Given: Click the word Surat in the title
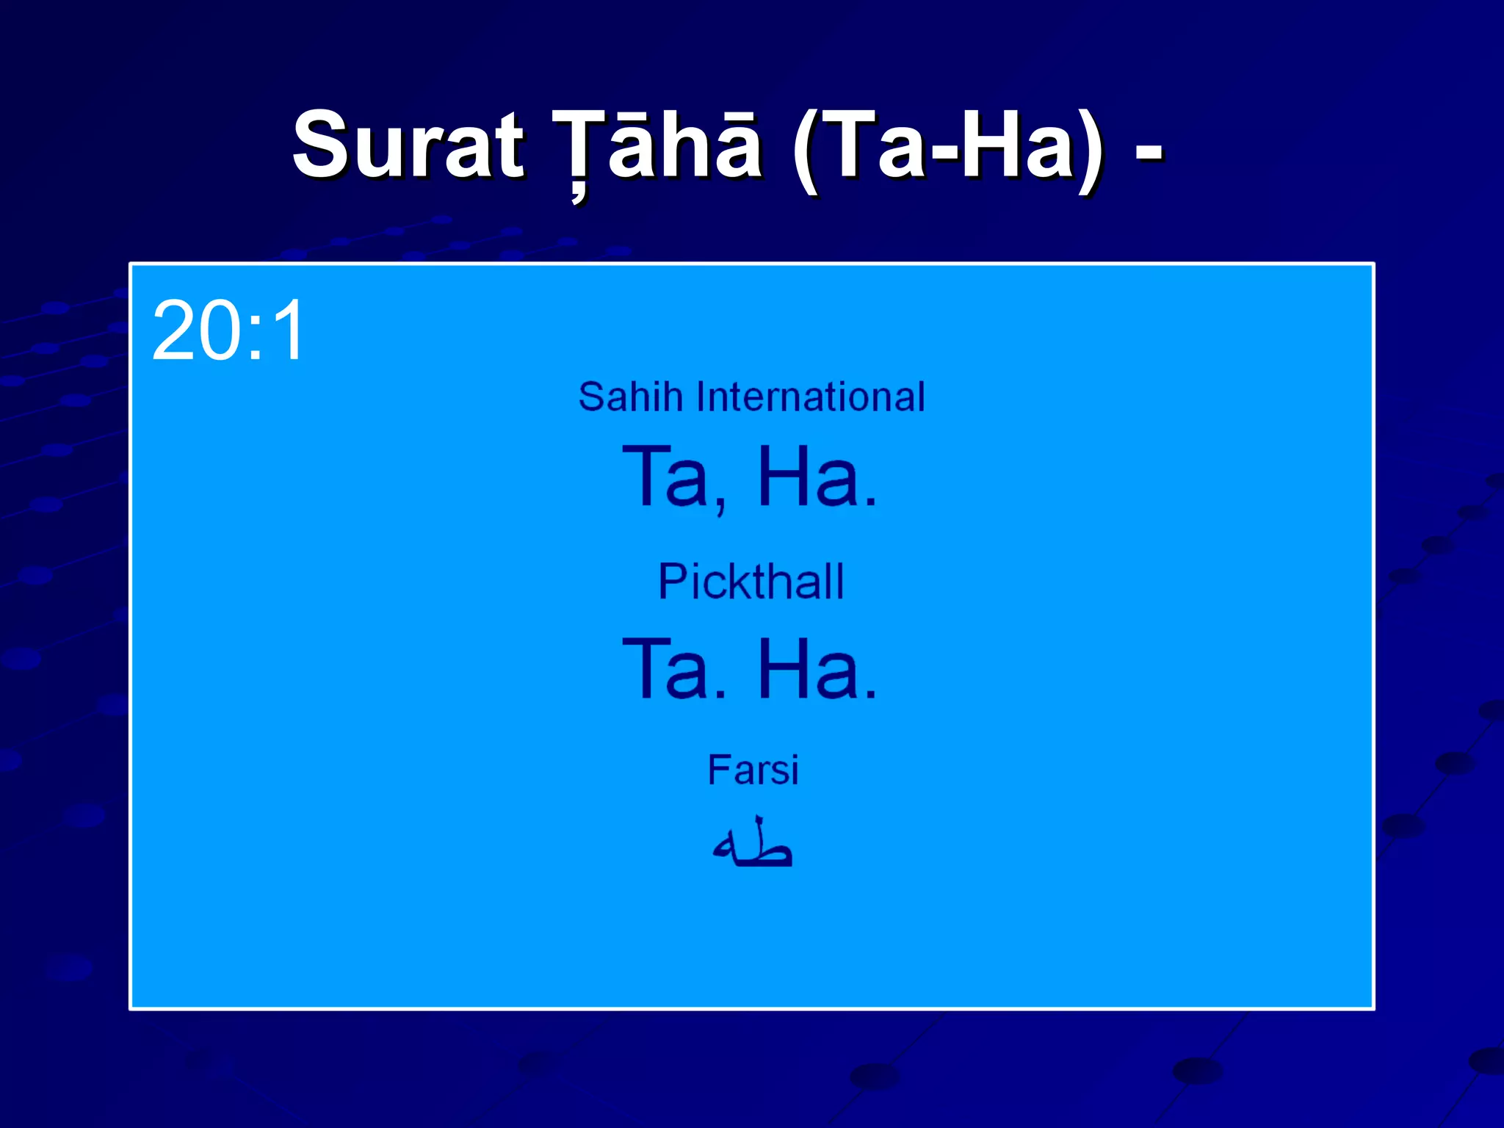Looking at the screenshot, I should tap(408, 145).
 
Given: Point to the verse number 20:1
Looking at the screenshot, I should tap(228, 330).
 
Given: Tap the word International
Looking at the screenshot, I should tap(811, 397).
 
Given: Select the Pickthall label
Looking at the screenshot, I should tap(751, 582).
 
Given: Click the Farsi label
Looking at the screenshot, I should tap(753, 770).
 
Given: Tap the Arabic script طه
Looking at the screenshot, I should tap(753, 845).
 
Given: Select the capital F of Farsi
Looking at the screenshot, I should tap(718, 770).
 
